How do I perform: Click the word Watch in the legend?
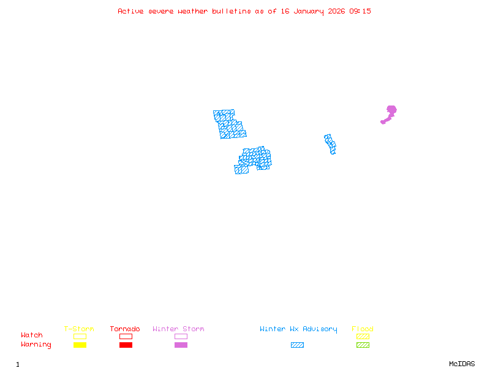pyautogui.click(x=32, y=335)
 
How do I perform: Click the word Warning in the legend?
pyautogui.click(x=36, y=345)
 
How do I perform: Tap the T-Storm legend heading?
pyautogui.click(x=79, y=329)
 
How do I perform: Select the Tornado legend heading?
pyautogui.click(x=125, y=329)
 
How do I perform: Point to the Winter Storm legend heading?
pyautogui.click(x=178, y=329)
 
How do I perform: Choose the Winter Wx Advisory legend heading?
pyautogui.click(x=298, y=329)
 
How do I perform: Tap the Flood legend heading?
pyautogui.click(x=363, y=329)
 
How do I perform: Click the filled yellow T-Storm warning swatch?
pyautogui.click(x=80, y=345)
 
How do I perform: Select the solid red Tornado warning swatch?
pyautogui.click(x=126, y=345)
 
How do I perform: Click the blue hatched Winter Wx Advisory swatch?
pyautogui.click(x=297, y=345)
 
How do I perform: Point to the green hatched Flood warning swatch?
pyautogui.click(x=363, y=345)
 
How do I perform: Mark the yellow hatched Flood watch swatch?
pyautogui.click(x=363, y=336)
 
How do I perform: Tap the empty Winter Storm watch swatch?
pyautogui.click(x=181, y=336)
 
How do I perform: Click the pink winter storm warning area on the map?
pyautogui.click(x=390, y=112)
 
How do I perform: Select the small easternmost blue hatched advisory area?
pyautogui.click(x=330, y=144)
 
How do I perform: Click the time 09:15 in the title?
pyautogui.click(x=360, y=11)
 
